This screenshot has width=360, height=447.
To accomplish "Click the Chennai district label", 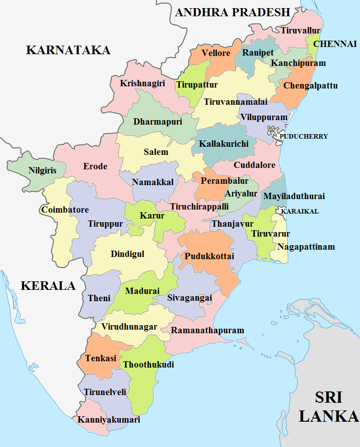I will pyautogui.click(x=335, y=44).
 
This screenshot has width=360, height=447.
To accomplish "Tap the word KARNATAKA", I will pyautogui.click(x=68, y=50).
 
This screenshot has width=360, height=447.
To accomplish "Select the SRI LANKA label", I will pyautogui.click(x=328, y=407).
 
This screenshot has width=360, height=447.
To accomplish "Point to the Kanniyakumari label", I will pyautogui.click(x=109, y=419).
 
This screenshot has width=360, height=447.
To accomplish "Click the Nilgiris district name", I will pyautogui.click(x=42, y=171).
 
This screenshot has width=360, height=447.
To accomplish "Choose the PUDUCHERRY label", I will pyautogui.click(x=304, y=136).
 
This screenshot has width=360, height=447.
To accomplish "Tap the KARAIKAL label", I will pyautogui.click(x=300, y=211).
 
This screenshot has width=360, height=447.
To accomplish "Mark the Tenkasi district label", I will pyautogui.click(x=97, y=358).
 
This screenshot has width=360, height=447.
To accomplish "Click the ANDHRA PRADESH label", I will pyautogui.click(x=232, y=12).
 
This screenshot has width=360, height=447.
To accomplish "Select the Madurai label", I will pyautogui.click(x=142, y=291).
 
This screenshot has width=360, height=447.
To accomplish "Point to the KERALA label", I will pyautogui.click(x=48, y=285).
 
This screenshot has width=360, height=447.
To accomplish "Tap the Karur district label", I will pyautogui.click(x=152, y=215).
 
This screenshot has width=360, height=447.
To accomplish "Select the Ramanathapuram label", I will pyautogui.click(x=207, y=330).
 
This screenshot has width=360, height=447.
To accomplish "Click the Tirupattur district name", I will pyautogui.click(x=197, y=85).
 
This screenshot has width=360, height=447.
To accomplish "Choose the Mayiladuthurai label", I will pyautogui.click(x=294, y=196).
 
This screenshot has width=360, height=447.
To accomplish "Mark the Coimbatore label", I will pyautogui.click(x=65, y=210).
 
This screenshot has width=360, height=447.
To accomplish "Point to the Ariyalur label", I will pyautogui.click(x=241, y=193).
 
